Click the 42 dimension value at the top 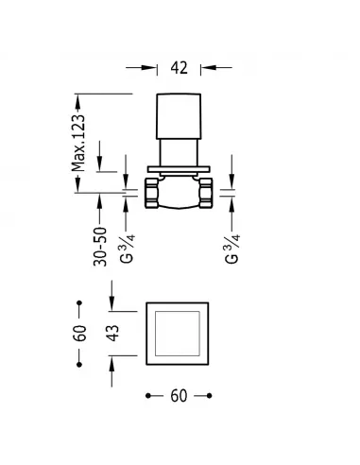coord(180,68)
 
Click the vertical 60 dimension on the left coord(80,332)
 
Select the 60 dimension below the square coord(179,398)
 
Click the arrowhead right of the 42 coord(206,68)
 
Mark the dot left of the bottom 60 coord(147,398)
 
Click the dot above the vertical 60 coord(80,302)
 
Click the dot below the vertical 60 coord(80,363)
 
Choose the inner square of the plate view coord(179,332)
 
